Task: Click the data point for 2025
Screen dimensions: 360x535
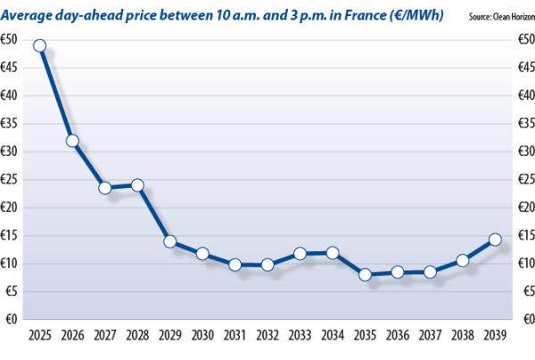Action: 39,45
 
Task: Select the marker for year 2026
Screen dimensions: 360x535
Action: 72,141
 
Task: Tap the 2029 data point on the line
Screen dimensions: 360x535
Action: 169,242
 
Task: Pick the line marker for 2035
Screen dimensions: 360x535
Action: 365,274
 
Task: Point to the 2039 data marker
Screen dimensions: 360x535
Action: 495,239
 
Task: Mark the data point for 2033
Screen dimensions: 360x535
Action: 300,254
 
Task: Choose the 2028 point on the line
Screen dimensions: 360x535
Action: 137,185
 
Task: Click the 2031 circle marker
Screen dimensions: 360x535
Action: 235,265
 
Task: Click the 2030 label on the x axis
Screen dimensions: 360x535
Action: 202,337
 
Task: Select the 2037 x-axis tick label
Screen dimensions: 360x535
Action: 430,337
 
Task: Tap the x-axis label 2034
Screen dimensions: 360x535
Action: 333,337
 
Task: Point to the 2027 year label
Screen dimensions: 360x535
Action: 104,337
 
